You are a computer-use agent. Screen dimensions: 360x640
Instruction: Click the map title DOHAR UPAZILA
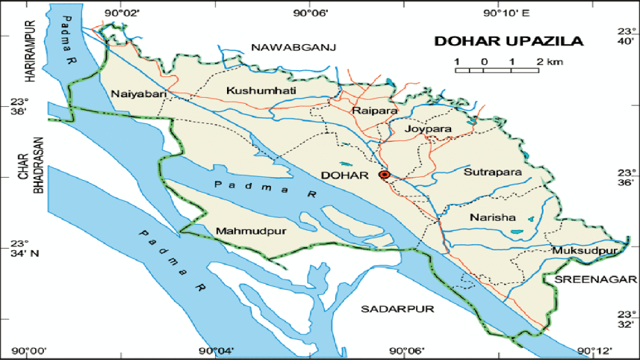coord(509,42)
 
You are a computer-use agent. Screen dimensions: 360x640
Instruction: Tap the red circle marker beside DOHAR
coord(385,175)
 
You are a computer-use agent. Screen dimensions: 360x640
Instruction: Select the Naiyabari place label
coord(137,93)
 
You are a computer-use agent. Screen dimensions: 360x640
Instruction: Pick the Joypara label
coord(429,129)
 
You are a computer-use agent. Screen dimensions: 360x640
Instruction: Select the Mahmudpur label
coord(251,231)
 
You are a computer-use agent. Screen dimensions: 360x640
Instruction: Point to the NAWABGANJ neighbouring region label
coord(294,48)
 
